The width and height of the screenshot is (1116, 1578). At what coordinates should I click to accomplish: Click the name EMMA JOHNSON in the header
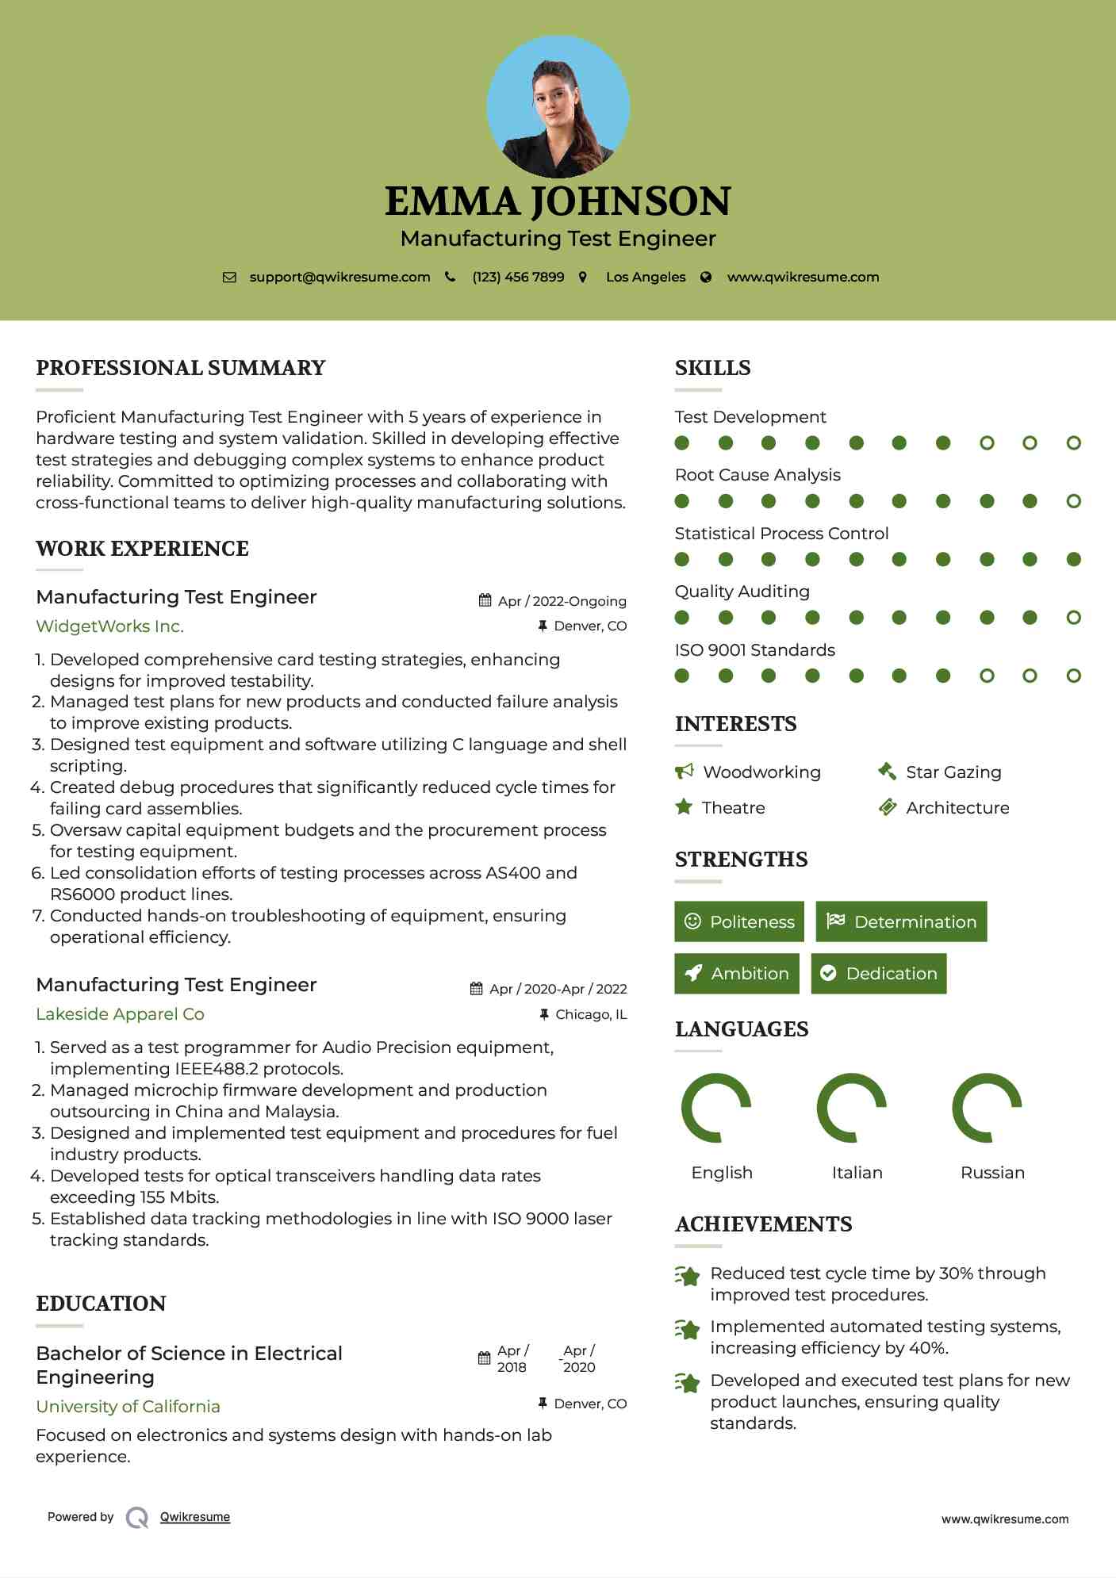558,201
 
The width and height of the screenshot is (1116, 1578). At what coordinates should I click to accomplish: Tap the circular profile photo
558,106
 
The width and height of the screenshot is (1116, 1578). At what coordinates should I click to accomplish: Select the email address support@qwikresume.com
339,277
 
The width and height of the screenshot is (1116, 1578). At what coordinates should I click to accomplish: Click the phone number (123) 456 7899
518,277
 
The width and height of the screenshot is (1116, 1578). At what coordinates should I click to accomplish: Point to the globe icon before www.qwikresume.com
706,277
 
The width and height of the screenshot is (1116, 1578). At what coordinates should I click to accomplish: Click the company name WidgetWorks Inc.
109,626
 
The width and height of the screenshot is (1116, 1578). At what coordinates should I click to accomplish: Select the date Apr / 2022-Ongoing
562,601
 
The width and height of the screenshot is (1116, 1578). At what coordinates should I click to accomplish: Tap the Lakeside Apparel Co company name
120,1014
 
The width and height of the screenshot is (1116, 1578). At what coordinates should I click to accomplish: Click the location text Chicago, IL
591,1014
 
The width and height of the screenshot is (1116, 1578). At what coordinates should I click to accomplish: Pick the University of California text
128,1406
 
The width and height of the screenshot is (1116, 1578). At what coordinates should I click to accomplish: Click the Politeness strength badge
738,921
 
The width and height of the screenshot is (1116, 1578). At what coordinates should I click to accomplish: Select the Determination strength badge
901,921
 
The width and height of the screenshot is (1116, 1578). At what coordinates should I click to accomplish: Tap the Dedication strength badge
878,973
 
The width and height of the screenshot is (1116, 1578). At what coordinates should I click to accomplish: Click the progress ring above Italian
851,1107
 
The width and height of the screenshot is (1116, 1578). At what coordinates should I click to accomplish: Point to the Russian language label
992,1172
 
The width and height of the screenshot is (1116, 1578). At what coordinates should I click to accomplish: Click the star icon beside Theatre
683,807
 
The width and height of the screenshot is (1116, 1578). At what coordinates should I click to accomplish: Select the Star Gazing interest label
953,772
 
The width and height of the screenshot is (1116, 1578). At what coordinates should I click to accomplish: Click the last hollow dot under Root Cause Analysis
1073,501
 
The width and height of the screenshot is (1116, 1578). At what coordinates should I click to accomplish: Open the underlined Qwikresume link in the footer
195,1516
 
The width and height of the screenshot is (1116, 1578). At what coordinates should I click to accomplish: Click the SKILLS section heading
712,368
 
